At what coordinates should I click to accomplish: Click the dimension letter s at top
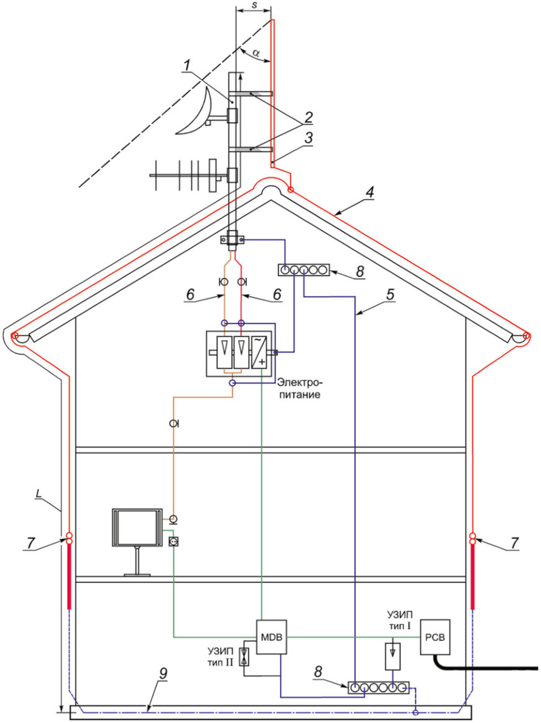tap(254, 4)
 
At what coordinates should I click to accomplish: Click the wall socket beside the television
tap(173, 543)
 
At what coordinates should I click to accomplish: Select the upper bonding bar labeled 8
tap(303, 270)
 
